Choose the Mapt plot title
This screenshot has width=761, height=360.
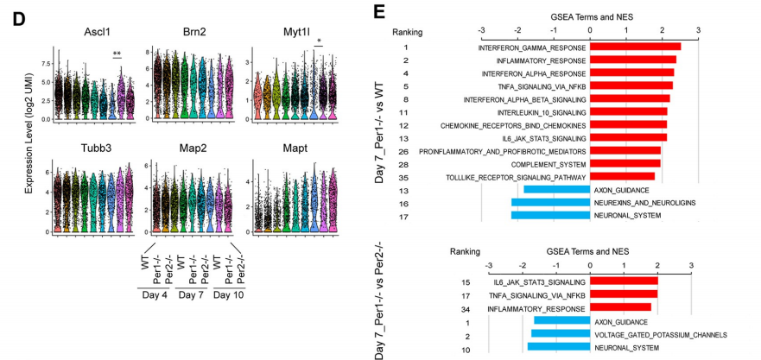285,145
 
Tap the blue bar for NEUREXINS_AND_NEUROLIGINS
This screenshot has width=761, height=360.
549,203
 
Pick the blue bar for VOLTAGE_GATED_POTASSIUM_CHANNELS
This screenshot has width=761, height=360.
561,334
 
